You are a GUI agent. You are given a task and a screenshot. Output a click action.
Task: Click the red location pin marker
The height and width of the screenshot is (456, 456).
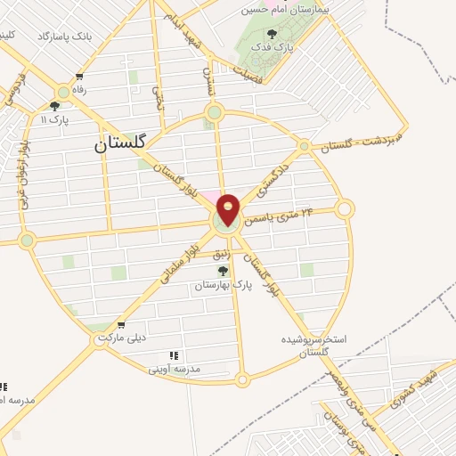click(229, 210)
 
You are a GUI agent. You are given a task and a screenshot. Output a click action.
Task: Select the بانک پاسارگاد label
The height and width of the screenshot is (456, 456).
click(64, 37)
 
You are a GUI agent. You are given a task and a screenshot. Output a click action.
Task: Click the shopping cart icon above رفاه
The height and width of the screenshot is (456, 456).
click(80, 76)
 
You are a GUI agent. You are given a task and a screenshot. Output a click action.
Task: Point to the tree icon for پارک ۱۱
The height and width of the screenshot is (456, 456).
click(55, 105)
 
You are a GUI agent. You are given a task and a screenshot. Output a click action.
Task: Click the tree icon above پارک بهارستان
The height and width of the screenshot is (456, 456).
click(223, 270)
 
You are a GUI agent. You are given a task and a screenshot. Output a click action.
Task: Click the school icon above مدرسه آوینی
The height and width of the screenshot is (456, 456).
click(174, 355)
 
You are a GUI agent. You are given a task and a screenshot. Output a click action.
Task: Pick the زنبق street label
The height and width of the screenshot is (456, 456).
click(224, 254)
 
